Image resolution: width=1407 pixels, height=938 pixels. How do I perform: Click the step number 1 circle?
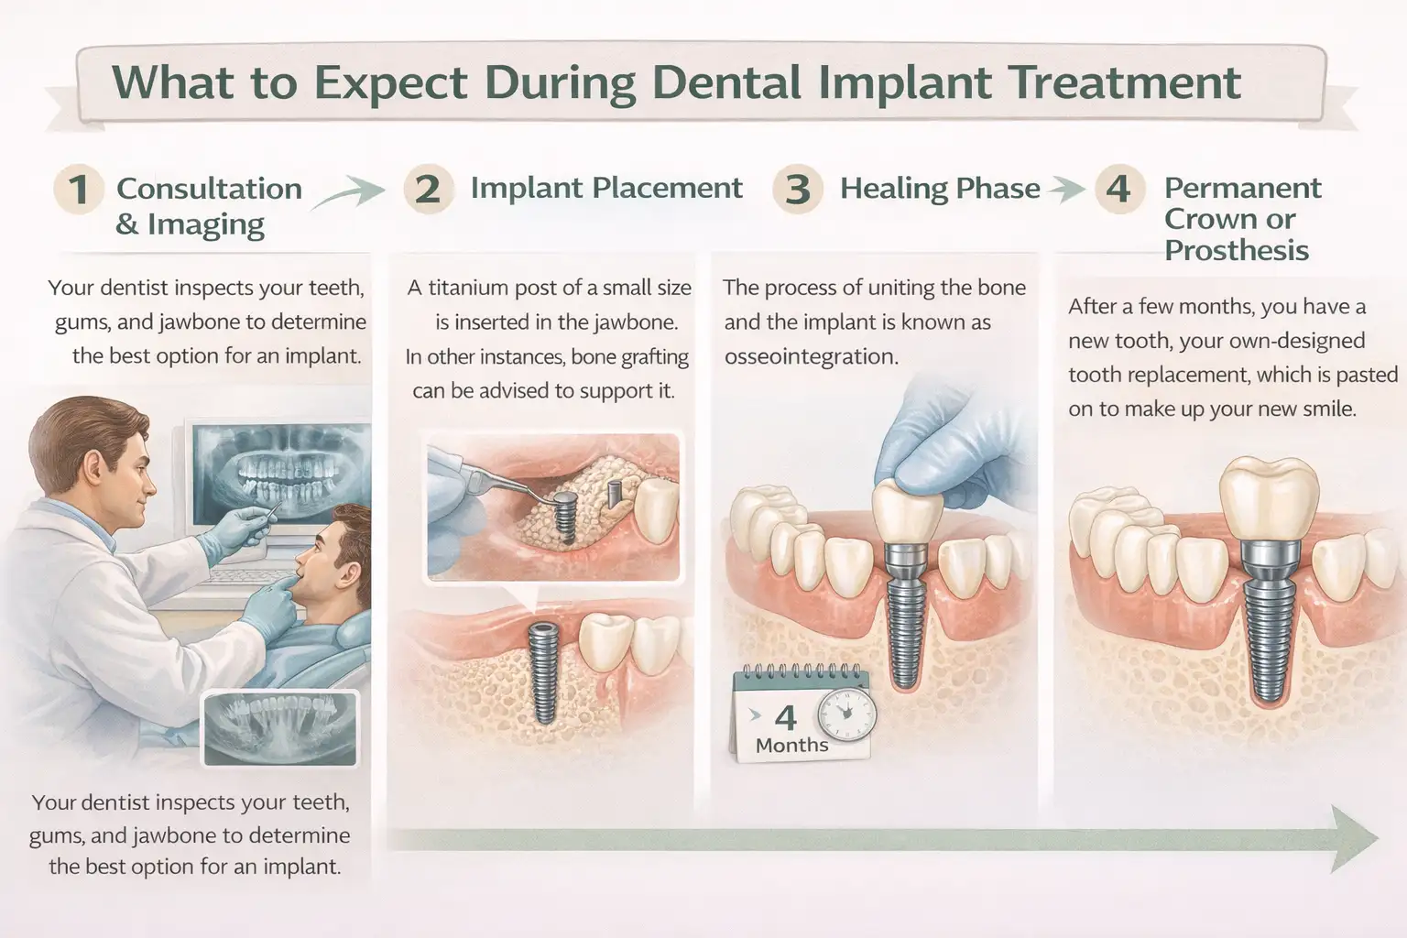[77, 189]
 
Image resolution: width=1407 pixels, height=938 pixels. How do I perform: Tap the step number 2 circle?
[428, 189]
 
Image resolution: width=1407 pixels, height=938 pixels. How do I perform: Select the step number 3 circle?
[797, 189]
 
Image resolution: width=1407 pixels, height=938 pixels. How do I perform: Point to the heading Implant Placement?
[605, 188]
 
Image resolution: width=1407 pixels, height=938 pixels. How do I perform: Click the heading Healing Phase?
[940, 188]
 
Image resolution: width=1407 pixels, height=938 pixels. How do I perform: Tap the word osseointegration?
[811, 356]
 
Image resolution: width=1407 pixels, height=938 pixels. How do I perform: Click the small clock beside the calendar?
[846, 712]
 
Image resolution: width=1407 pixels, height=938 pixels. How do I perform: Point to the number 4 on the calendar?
[785, 716]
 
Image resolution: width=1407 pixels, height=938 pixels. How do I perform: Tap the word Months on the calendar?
[791, 745]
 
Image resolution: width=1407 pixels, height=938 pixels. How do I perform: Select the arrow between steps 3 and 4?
[1065, 190]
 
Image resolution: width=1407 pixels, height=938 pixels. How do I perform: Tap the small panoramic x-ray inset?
[280, 728]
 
